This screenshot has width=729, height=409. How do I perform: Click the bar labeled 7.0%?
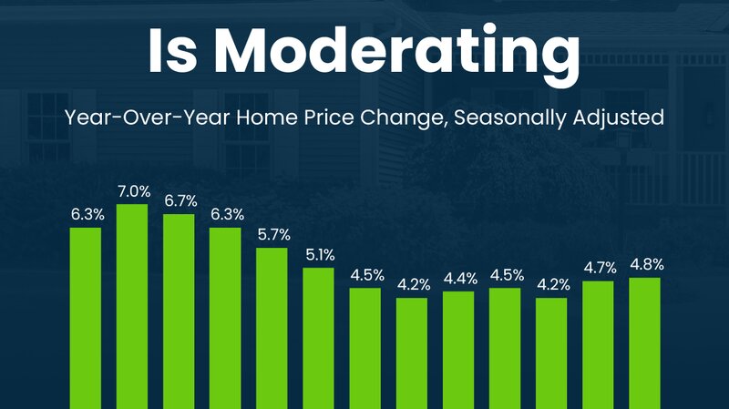(132, 306)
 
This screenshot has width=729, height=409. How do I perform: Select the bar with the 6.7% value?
(179, 312)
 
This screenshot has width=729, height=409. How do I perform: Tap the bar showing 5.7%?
(272, 328)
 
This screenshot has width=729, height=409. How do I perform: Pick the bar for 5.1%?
(318, 338)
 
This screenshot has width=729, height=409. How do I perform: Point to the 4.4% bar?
(458, 350)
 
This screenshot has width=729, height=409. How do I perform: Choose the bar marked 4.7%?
(598, 345)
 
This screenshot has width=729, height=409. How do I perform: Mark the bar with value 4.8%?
(644, 343)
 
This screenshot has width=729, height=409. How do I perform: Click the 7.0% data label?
(134, 191)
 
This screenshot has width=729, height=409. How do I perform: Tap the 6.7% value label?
(180, 201)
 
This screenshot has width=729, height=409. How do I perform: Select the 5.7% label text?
(274, 235)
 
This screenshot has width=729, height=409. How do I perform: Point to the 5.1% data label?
(321, 255)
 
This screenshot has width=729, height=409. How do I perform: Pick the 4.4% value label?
(460, 279)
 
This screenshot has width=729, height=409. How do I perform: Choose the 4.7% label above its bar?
(601, 268)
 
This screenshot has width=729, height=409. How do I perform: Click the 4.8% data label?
(647, 264)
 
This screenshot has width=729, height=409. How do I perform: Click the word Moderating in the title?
(396, 51)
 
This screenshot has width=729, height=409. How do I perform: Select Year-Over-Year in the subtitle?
(147, 118)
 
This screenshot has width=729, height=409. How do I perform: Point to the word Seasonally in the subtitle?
(510, 118)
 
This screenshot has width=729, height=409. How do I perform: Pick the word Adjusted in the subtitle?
(619, 118)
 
